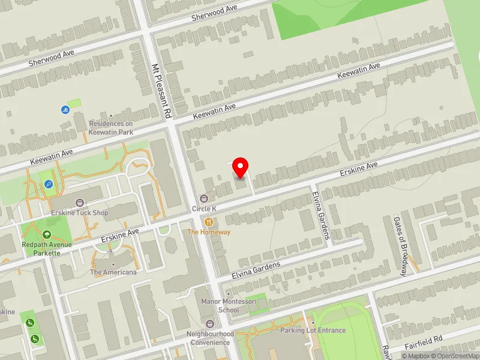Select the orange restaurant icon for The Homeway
pos(209,221)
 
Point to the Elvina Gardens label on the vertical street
pos(321,215)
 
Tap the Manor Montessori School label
pos(220,305)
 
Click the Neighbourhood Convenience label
pos(210,338)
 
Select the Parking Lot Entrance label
pos(313,330)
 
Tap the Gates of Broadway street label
pos(401,246)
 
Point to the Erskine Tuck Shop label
pos(80,212)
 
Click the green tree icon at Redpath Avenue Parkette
pos(47,235)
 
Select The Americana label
pos(113,272)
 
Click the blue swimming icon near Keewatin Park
pos(65,110)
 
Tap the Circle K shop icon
pos(204,199)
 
